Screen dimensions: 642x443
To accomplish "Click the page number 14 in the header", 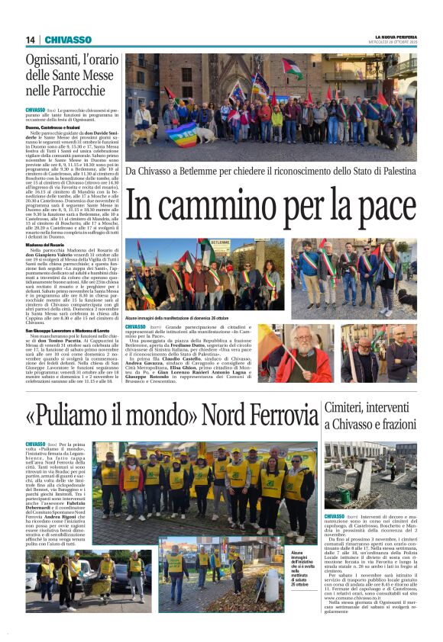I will coord(31,40).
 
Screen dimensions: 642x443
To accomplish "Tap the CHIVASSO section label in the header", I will coord(68,40).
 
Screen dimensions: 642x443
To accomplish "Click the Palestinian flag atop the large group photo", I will coord(293,68).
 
